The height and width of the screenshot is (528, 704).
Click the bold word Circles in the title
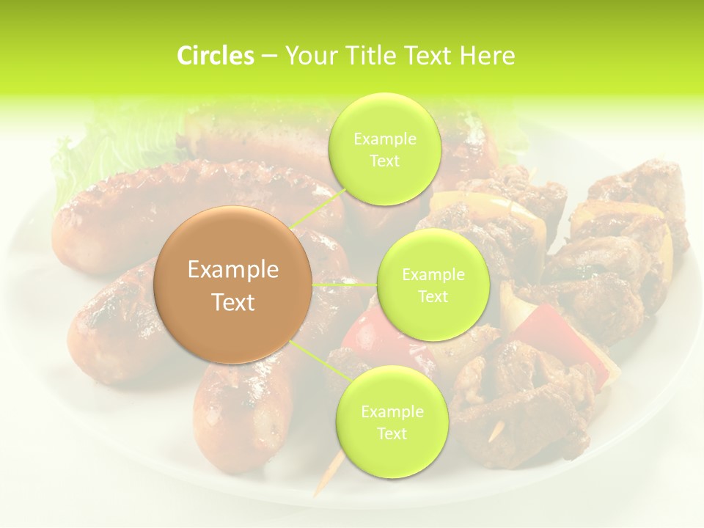215,56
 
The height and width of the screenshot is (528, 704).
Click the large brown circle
232,285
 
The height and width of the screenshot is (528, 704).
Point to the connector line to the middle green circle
345,284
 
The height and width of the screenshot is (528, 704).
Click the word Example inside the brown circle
232,270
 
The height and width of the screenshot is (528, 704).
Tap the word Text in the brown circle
232,302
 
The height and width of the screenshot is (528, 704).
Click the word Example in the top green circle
384,139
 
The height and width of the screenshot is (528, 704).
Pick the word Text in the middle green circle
433,296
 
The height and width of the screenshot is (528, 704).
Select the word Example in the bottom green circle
392,412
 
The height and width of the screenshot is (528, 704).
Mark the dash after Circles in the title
268,56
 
